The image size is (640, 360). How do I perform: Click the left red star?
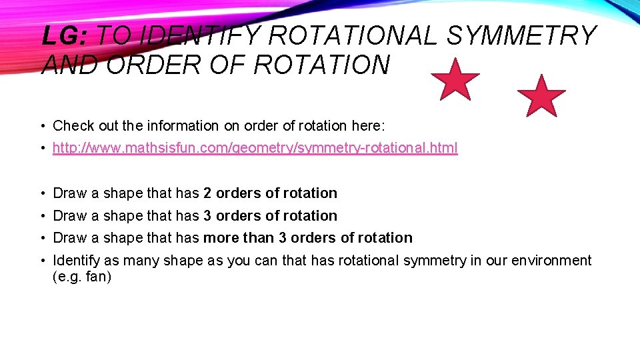coord(455,79)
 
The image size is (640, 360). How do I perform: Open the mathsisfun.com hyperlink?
coord(255,148)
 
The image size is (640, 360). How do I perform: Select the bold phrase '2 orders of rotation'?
coord(270,193)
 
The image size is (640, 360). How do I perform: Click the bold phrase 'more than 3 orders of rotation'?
coord(307,238)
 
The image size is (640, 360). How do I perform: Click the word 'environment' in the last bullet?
coord(552,261)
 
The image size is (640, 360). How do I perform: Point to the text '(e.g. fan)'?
coord(81,276)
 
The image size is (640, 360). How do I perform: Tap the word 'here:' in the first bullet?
coord(369,125)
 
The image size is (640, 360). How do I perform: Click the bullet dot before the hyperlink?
coord(42,148)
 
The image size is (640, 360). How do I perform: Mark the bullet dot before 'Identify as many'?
coord(42,261)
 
